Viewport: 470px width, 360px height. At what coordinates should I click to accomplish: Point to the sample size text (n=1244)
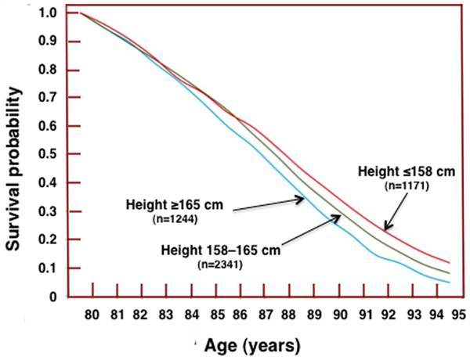click(174, 220)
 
